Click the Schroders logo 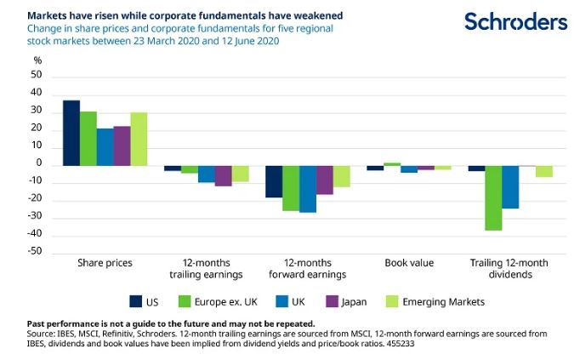coord(515,21)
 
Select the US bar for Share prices coord(71,133)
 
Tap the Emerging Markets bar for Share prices coord(139,139)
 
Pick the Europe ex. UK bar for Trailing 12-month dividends coord(493,198)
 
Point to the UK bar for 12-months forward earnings coord(307,189)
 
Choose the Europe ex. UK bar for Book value coord(392,163)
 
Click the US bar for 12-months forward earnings coord(274,181)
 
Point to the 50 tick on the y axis coord(37,76)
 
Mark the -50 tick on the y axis coord(35,254)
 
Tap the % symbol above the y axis coord(37,60)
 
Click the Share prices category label coord(105,263)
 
